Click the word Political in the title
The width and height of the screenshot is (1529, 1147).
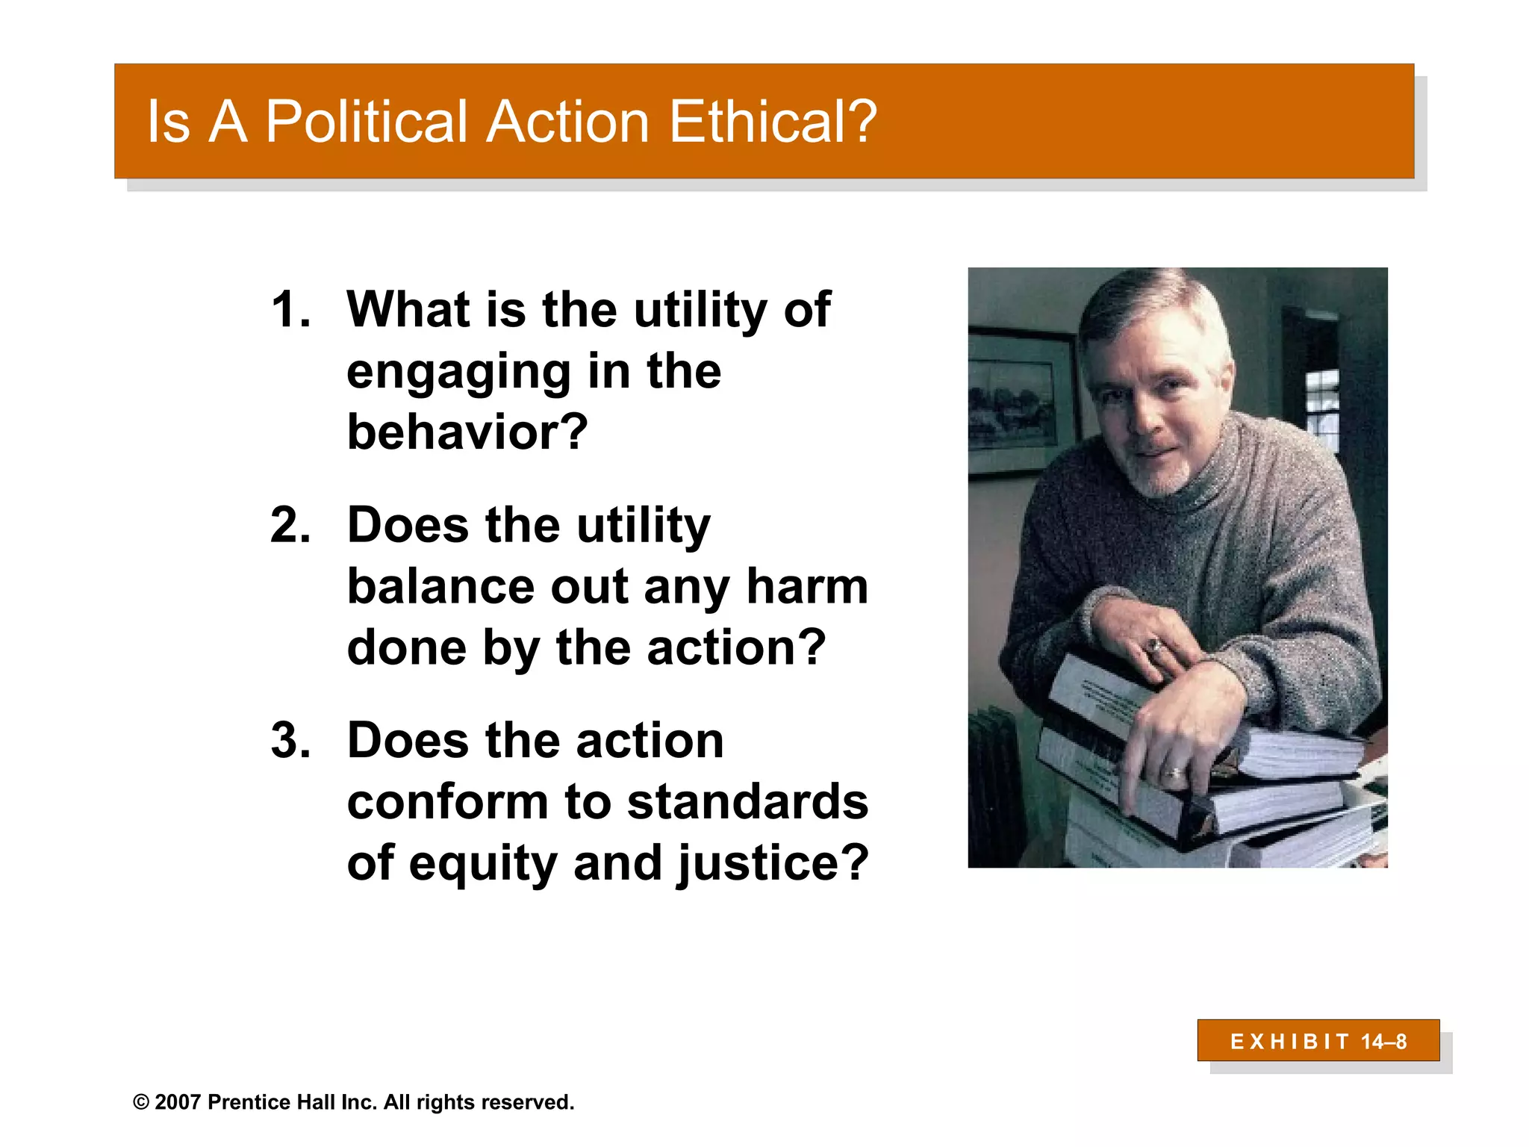tap(366, 122)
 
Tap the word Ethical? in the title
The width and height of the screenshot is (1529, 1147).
tap(773, 122)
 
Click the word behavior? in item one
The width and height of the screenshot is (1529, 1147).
tap(467, 432)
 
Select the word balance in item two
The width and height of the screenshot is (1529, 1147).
tap(440, 586)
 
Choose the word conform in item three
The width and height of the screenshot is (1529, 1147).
tap(447, 802)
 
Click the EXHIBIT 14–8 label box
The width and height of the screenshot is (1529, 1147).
tap(1318, 1040)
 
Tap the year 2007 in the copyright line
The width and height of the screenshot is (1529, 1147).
tap(178, 1102)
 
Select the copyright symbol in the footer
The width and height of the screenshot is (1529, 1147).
tap(141, 1102)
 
